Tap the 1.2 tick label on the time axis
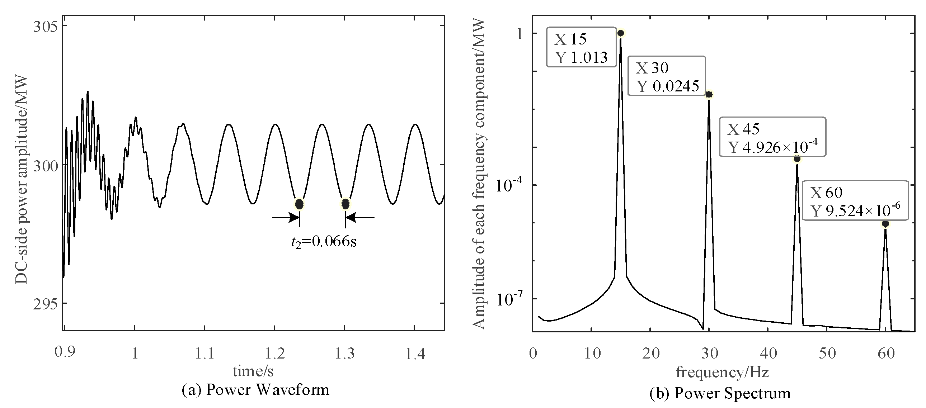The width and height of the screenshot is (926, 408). click(x=275, y=354)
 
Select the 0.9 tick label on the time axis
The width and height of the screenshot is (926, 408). click(x=65, y=352)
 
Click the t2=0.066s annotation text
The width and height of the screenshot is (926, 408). click(x=324, y=242)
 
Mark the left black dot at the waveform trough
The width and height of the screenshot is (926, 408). click(x=299, y=204)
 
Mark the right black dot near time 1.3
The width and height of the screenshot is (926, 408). click(x=345, y=204)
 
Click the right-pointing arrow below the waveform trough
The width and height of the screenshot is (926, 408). click(x=286, y=217)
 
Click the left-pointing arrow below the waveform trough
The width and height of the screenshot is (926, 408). click(x=359, y=217)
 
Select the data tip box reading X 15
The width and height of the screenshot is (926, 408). click(x=581, y=47)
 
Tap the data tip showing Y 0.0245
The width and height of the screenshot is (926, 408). click(x=667, y=76)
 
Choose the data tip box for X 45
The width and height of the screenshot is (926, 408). click(x=772, y=137)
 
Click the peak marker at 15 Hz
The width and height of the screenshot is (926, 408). click(x=620, y=33)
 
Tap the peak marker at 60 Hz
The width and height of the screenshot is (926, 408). click(x=885, y=224)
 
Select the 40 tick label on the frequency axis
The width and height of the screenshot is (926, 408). click(x=768, y=354)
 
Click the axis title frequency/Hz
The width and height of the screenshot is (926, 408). click(x=722, y=372)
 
